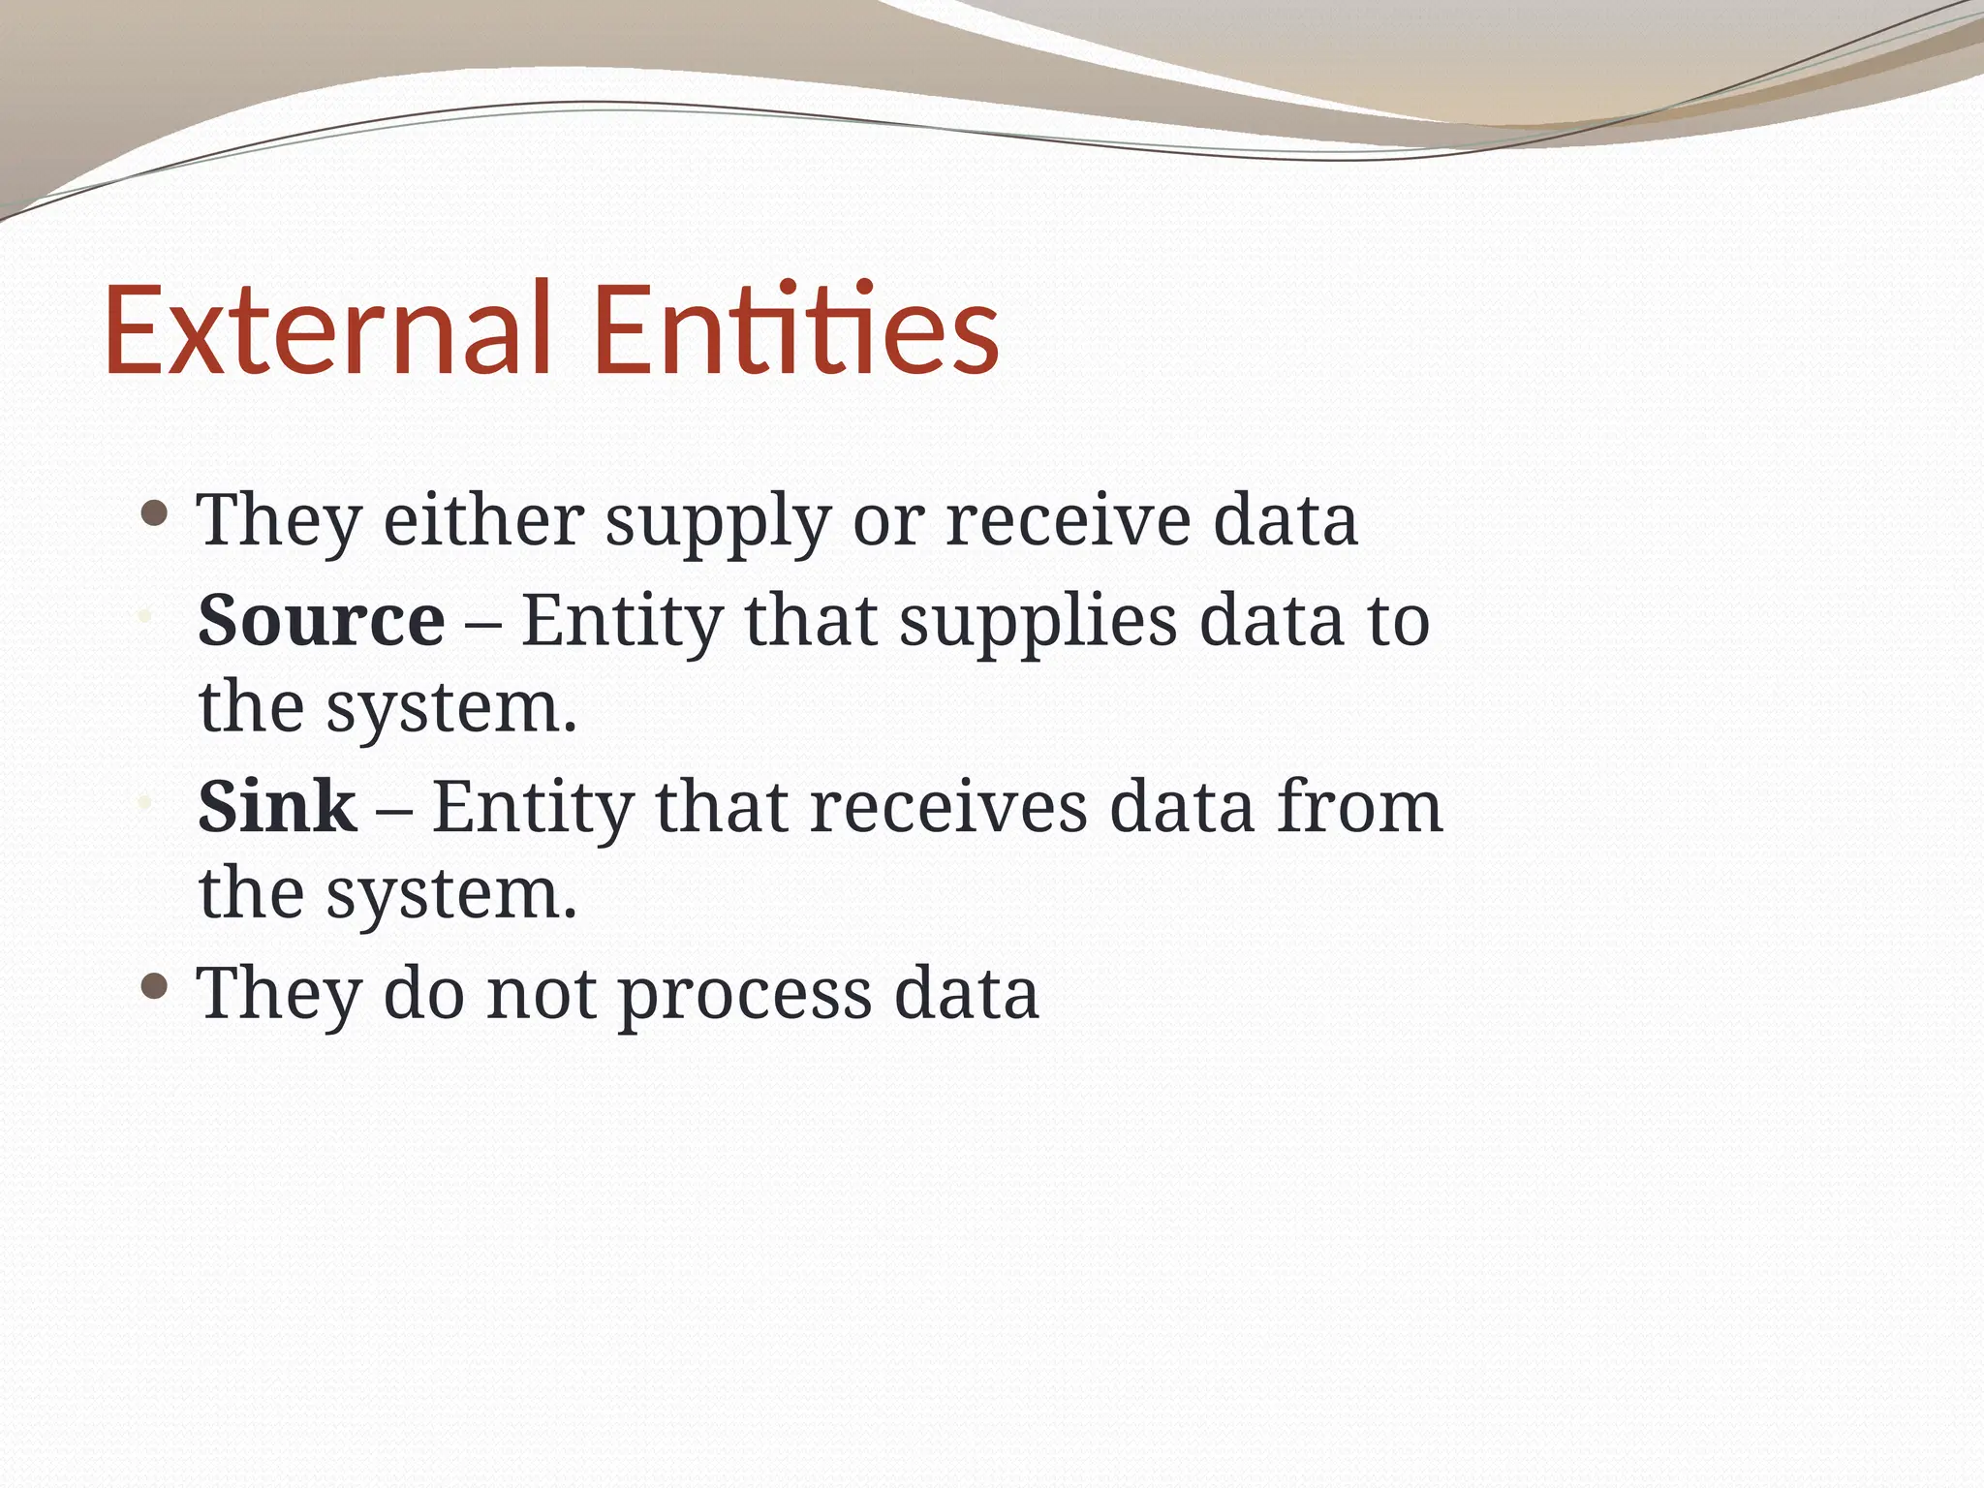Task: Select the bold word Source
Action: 321,620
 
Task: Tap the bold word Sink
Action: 277,807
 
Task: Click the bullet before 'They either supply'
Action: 154,512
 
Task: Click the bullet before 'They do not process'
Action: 154,986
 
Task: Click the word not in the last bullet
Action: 541,994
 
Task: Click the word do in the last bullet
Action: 423,994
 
